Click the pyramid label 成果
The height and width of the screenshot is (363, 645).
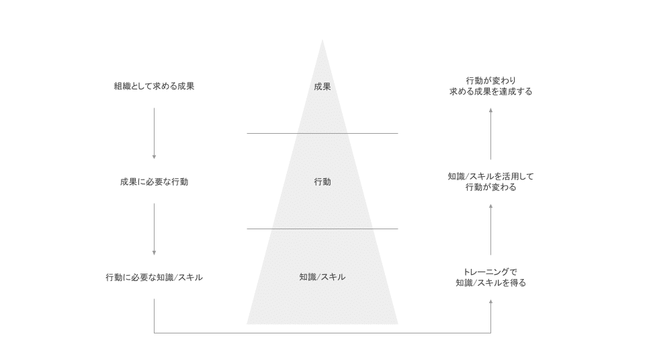(x=322, y=87)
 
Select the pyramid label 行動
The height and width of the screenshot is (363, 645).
(x=322, y=182)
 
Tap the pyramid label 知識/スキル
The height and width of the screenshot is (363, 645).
(x=322, y=277)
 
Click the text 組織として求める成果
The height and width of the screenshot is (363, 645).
(x=154, y=87)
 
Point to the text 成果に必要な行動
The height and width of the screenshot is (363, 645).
(x=154, y=182)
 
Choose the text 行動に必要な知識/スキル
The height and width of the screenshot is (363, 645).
(x=154, y=278)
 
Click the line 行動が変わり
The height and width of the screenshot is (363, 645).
(x=490, y=81)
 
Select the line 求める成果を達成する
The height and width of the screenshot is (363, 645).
(x=490, y=91)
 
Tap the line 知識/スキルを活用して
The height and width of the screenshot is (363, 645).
(x=490, y=177)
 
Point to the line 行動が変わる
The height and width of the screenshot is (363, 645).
(x=490, y=188)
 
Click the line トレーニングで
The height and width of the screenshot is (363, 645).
(x=490, y=272)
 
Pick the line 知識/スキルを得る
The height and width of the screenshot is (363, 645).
(x=490, y=283)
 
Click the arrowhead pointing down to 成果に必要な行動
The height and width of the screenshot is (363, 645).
(x=155, y=157)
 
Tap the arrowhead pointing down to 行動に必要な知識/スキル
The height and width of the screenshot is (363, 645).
(x=155, y=253)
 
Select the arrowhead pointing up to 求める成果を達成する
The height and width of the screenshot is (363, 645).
(x=490, y=110)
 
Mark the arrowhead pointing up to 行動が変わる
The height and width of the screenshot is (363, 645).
(x=490, y=206)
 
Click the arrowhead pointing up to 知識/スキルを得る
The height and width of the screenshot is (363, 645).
(x=490, y=302)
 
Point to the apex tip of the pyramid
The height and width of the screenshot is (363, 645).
(x=322, y=40)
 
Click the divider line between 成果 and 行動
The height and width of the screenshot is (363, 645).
(x=322, y=133)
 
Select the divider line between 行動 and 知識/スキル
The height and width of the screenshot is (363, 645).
(x=322, y=229)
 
